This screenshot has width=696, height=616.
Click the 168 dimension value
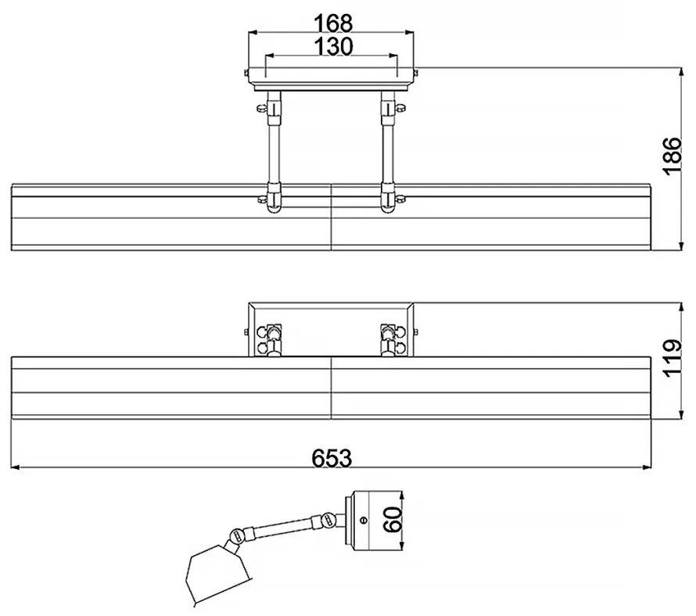pyautogui.click(x=333, y=23)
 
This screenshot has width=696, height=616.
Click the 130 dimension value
pyautogui.click(x=333, y=46)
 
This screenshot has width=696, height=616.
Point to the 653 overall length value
pyautogui.click(x=332, y=458)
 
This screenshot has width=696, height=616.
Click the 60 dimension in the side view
pyautogui.click(x=393, y=520)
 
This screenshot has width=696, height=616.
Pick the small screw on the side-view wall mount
pyautogui.click(x=364, y=520)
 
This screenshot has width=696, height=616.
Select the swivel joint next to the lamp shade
pyautogui.click(x=238, y=536)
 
